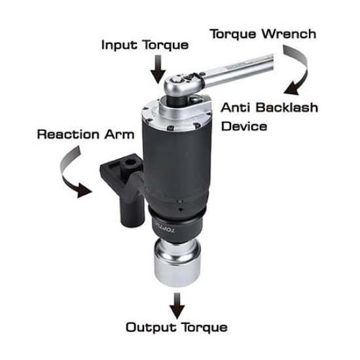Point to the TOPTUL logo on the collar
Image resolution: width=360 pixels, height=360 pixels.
point(160,226)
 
